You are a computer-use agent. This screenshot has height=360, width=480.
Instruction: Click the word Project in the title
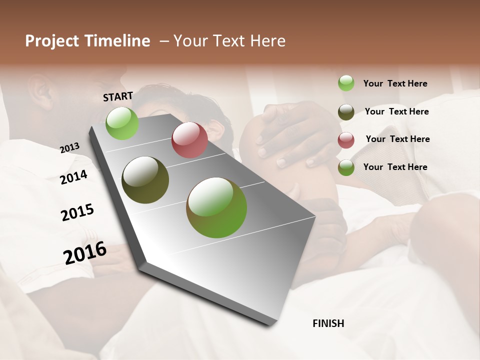pyautogui.click(x=51, y=41)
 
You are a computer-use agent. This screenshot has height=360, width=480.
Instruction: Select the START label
pyautogui.click(x=118, y=96)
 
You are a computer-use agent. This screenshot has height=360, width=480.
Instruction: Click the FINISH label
pyautogui.click(x=328, y=323)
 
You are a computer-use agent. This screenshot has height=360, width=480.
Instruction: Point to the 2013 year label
pyautogui.click(x=69, y=147)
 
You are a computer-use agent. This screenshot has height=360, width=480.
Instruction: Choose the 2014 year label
pyautogui.click(x=73, y=177)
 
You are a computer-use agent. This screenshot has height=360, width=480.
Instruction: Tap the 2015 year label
pyautogui.click(x=77, y=212)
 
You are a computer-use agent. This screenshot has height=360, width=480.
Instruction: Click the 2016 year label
pyautogui.click(x=85, y=253)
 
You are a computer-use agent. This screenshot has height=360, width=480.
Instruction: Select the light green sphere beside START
pyautogui.click(x=122, y=123)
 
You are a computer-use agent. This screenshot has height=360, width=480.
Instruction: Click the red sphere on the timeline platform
pyautogui.click(x=189, y=140)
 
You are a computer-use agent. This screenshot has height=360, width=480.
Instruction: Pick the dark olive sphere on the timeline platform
pyautogui.click(x=145, y=180)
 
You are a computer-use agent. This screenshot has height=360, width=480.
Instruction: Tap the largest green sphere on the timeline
pyautogui.click(x=216, y=207)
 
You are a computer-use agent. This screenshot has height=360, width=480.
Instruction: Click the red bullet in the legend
pyautogui.click(x=346, y=140)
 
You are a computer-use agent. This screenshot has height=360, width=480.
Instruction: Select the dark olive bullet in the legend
pyautogui.click(x=346, y=112)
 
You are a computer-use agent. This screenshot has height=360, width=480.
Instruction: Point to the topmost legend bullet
pyautogui.click(x=346, y=83)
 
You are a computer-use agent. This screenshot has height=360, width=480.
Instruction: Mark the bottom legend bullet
pyautogui.click(x=346, y=167)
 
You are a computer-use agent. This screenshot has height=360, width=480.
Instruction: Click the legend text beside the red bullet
pyautogui.click(x=397, y=139)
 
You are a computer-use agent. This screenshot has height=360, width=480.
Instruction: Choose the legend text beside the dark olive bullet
pyautogui.click(x=397, y=111)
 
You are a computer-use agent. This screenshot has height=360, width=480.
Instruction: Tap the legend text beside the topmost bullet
pyautogui.click(x=395, y=83)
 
